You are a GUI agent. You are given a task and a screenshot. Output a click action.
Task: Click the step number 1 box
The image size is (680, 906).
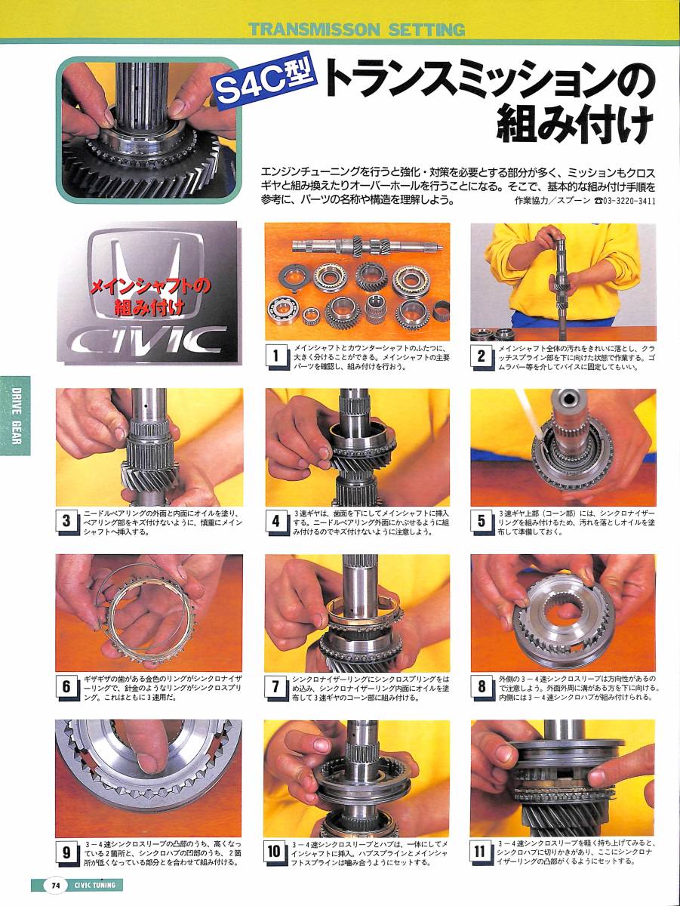tap(276, 356)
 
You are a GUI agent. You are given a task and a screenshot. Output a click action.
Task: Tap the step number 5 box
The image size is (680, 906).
tap(481, 521)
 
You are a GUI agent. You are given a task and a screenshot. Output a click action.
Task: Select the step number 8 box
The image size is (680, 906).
tap(481, 687)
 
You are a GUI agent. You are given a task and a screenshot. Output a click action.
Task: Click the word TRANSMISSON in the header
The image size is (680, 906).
tap(315, 30)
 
